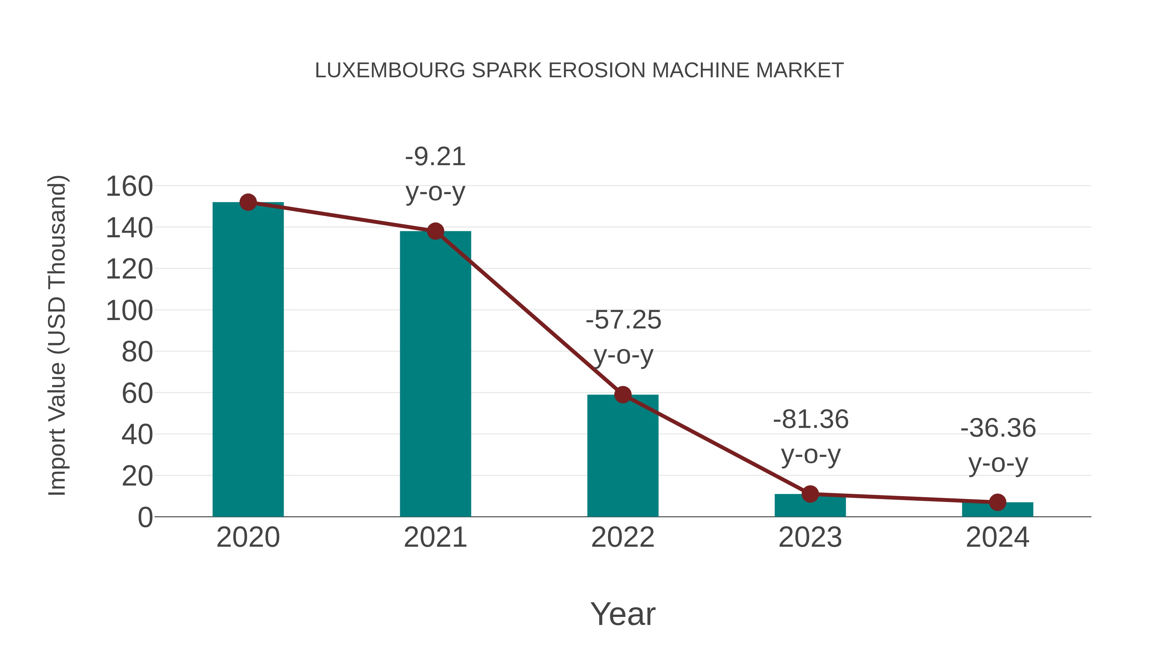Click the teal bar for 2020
(x=248, y=360)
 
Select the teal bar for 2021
(x=435, y=373)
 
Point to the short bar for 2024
(x=997, y=510)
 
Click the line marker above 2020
(x=248, y=203)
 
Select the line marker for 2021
(x=435, y=231)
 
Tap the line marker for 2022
(x=623, y=395)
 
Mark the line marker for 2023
(x=810, y=494)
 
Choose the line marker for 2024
(x=997, y=502)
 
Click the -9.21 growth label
(x=435, y=157)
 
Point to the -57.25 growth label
(x=623, y=320)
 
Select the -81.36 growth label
(x=810, y=420)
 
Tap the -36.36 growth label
(x=998, y=428)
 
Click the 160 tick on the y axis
(x=129, y=186)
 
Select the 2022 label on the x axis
(x=623, y=537)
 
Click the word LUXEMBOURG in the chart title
(x=390, y=71)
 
